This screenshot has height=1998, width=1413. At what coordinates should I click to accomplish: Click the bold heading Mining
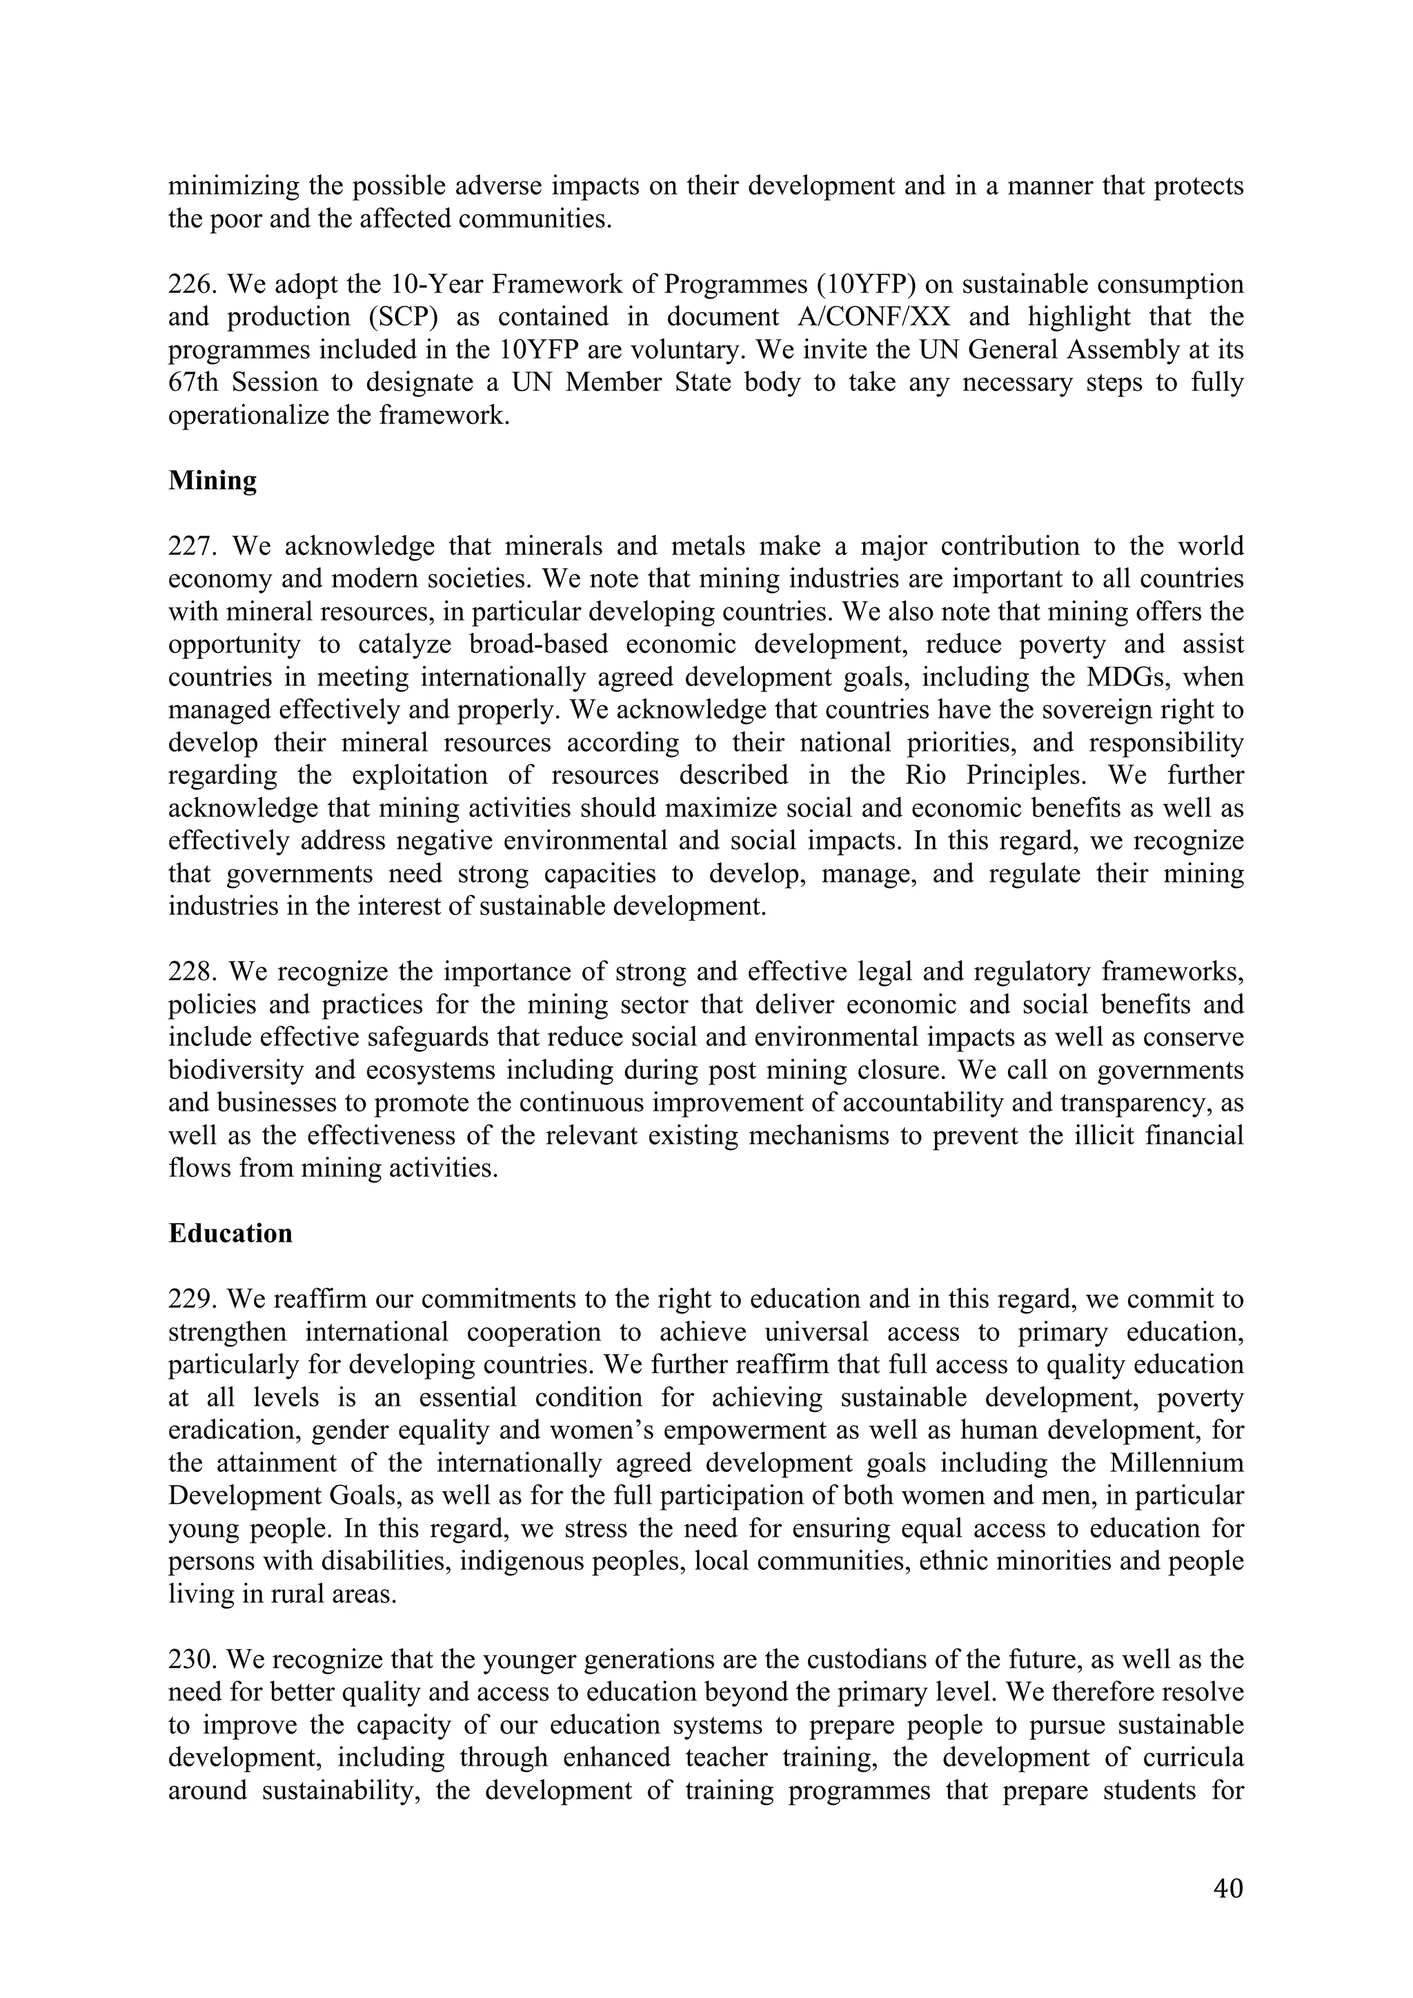pyautogui.click(x=213, y=481)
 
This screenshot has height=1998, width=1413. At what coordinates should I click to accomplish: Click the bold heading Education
pyautogui.click(x=230, y=1234)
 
